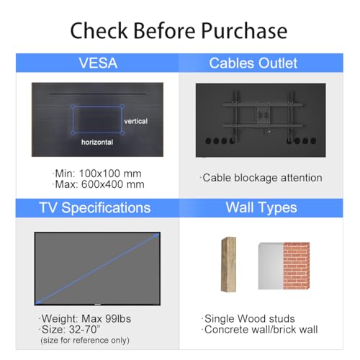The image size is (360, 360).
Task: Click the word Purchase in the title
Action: click(244, 30)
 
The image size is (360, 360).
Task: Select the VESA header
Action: click(98, 63)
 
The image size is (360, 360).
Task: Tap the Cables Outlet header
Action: click(253, 63)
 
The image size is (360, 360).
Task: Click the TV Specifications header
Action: click(95, 207)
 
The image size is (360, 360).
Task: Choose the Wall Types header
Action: click(261, 208)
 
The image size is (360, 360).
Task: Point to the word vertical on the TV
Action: click(136, 121)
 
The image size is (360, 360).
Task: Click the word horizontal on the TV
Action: click(97, 142)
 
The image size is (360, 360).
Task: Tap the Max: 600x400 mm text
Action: click(98, 184)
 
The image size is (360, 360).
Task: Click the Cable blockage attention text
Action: click(261, 178)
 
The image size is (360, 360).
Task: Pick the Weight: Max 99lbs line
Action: click(85, 319)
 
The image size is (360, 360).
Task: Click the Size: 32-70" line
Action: click(70, 330)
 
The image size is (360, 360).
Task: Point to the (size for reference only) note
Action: click(85, 340)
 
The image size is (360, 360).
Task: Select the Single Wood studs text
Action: click(248, 319)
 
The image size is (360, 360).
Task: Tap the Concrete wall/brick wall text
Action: click(259, 330)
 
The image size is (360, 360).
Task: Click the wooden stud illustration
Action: click(228, 264)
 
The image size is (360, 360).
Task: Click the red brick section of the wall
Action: click(297, 266)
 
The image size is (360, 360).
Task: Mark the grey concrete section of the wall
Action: click(271, 266)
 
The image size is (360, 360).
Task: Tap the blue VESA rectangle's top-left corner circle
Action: click(73, 106)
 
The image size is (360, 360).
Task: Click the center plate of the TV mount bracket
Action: click(263, 115)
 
